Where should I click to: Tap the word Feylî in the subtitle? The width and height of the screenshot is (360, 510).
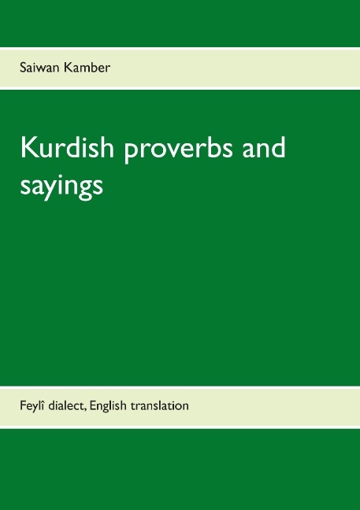click(x=34, y=406)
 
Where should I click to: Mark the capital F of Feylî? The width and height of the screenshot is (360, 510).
click(x=24, y=406)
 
